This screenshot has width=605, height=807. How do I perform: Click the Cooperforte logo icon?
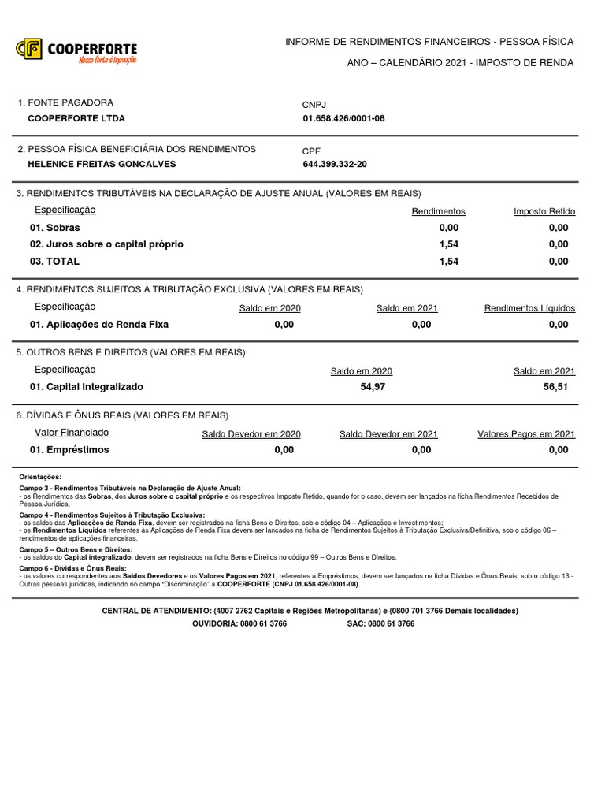pyautogui.click(x=29, y=50)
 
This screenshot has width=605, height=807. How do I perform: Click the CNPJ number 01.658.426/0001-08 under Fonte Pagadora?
pyautogui.click(x=343, y=119)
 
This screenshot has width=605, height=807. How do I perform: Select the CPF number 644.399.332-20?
pyautogui.click(x=335, y=165)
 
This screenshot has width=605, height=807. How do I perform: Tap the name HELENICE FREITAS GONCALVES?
pyautogui.click(x=102, y=165)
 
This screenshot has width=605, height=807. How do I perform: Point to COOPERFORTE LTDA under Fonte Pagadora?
pyautogui.click(x=76, y=119)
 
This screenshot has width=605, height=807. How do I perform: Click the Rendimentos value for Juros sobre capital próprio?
pyautogui.click(x=448, y=244)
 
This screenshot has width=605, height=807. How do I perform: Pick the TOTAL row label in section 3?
pyautogui.click(x=54, y=261)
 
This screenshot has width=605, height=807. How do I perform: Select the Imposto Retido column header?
pyautogui.click(x=544, y=211)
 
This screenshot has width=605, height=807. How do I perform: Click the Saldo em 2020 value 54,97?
pyautogui.click(x=373, y=387)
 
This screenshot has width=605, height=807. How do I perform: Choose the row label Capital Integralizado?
pyautogui.click(x=87, y=387)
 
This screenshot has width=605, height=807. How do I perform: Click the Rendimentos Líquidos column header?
pyautogui.click(x=529, y=308)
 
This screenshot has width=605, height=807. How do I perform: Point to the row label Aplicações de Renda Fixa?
pyautogui.click(x=99, y=324)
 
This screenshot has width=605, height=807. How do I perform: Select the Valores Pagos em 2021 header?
pyautogui.click(x=526, y=434)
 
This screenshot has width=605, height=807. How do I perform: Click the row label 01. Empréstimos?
pyautogui.click(x=69, y=450)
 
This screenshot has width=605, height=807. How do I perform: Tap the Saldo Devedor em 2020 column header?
pyautogui.click(x=251, y=434)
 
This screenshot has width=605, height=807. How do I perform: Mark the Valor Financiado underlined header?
pyautogui.click(x=72, y=433)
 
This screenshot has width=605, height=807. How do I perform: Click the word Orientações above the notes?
pyautogui.click(x=40, y=477)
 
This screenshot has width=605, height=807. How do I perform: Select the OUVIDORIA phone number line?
pyautogui.click(x=239, y=623)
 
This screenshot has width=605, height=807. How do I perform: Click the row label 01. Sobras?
pyautogui.click(x=54, y=228)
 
